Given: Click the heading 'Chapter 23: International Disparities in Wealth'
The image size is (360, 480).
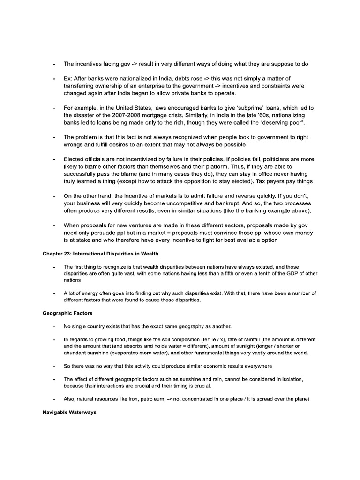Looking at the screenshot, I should tap(100, 254).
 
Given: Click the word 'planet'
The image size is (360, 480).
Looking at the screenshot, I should tap(300, 399).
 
